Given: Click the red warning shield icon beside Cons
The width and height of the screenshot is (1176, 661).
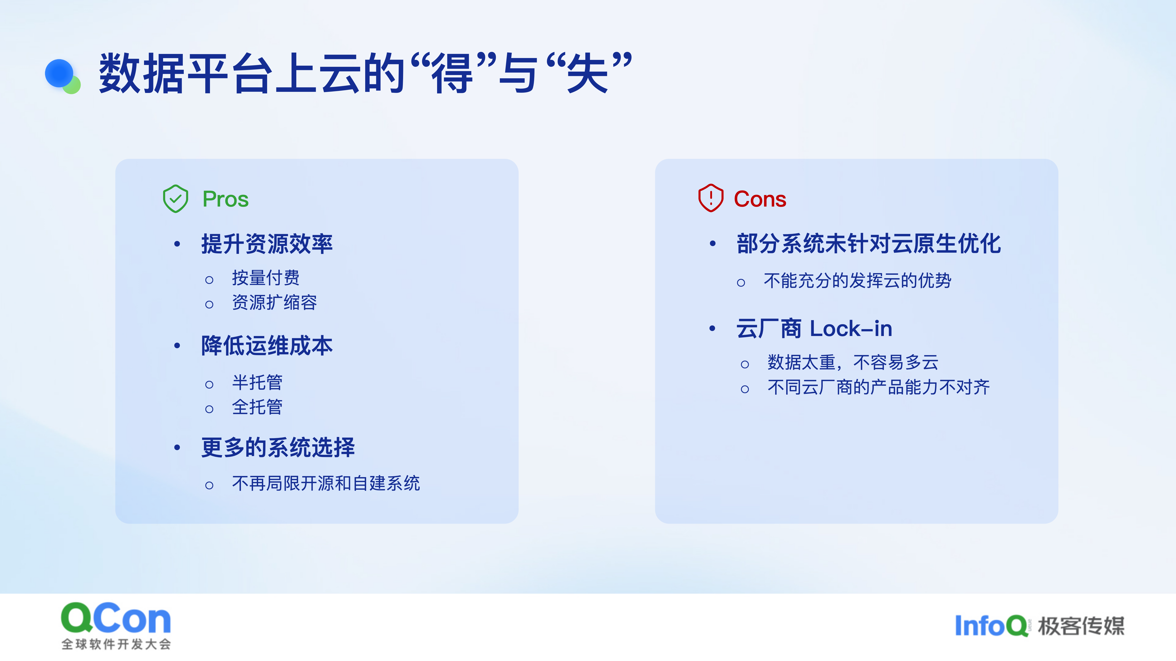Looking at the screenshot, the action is (x=711, y=198).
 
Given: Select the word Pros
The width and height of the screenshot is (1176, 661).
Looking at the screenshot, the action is (x=226, y=199).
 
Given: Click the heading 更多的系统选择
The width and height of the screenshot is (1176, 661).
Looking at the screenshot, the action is (x=278, y=447).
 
